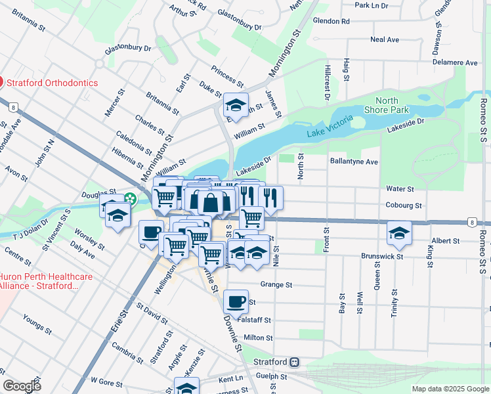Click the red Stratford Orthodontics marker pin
pyautogui.click(x=1, y=83)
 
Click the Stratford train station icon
pyautogui.click(x=295, y=362)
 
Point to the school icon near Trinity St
pyautogui.click(x=399, y=232)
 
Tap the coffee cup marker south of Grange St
pyautogui.click(x=236, y=302)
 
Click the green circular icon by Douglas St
pyautogui.click(x=131, y=198)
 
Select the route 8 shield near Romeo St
pyautogui.click(x=472, y=223)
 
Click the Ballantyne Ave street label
pyautogui.click(x=354, y=162)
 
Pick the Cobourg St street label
pyautogui.click(x=403, y=206)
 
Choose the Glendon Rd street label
pyautogui.click(x=331, y=21)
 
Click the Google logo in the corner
pyautogui.click(x=22, y=386)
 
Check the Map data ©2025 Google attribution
pyautogui.click(x=450, y=389)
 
